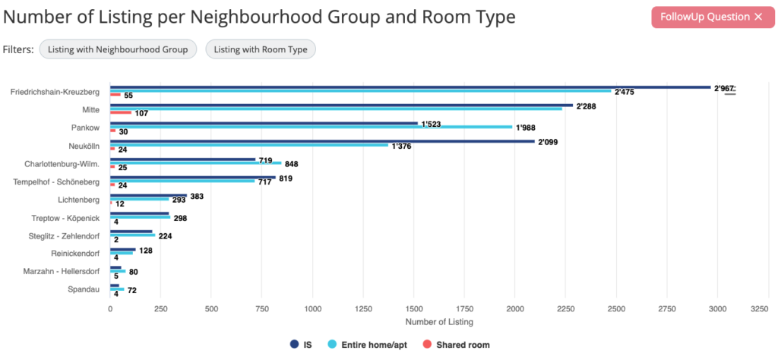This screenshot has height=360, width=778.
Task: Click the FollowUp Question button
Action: click(x=712, y=17)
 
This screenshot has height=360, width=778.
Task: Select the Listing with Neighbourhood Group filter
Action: click(x=119, y=49)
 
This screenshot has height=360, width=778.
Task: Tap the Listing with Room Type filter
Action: click(x=261, y=49)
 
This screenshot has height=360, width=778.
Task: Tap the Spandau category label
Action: click(x=85, y=289)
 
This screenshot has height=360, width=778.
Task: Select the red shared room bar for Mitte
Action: click(x=121, y=112)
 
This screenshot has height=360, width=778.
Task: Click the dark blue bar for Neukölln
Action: click(x=322, y=141)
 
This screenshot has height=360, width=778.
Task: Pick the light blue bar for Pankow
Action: click(x=312, y=127)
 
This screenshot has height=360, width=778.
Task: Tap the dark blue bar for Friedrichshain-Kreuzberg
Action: click(x=410, y=87)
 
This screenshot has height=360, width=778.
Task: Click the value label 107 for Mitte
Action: click(x=141, y=113)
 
